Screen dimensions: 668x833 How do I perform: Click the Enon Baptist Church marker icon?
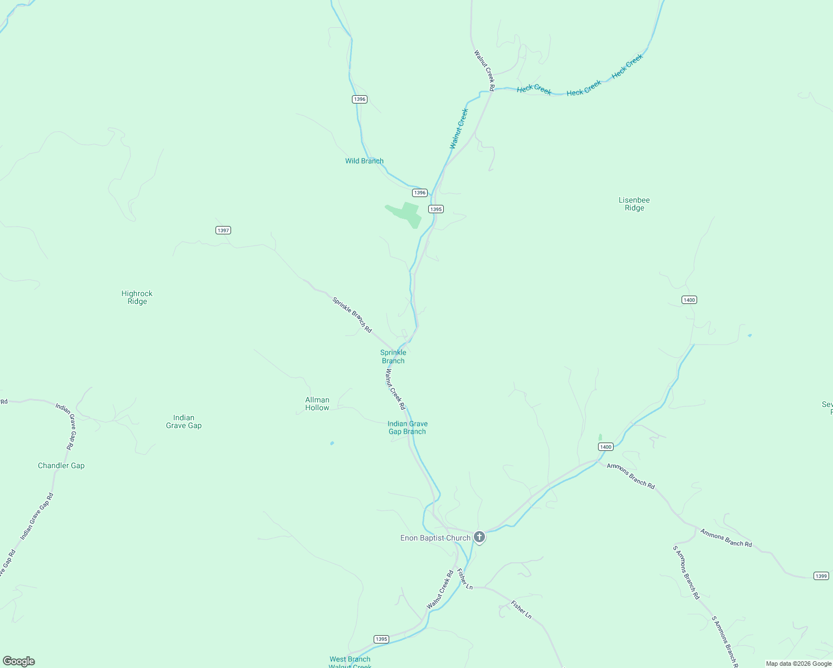click(479, 537)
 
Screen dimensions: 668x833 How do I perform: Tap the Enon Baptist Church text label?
click(435, 538)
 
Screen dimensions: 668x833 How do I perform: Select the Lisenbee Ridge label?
click(634, 204)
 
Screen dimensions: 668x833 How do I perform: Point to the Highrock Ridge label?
click(137, 297)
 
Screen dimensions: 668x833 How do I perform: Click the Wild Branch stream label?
click(364, 161)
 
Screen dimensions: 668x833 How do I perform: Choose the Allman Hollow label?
click(317, 404)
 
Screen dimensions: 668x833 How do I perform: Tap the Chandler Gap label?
click(61, 465)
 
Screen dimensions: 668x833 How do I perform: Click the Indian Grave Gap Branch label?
click(408, 428)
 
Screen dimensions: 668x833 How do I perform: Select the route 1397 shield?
click(223, 230)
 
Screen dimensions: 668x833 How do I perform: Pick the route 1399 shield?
click(821, 576)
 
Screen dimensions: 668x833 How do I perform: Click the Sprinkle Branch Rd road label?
click(352, 315)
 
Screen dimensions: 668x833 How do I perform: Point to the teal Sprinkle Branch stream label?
click(393, 356)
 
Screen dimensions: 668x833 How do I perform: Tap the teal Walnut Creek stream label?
click(459, 129)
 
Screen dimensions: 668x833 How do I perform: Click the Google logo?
click(19, 661)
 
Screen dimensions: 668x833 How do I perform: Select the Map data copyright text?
click(798, 664)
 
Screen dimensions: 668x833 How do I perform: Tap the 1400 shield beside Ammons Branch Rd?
click(606, 446)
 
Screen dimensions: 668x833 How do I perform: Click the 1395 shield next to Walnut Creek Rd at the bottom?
click(381, 639)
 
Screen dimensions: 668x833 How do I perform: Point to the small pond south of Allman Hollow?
click(332, 443)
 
